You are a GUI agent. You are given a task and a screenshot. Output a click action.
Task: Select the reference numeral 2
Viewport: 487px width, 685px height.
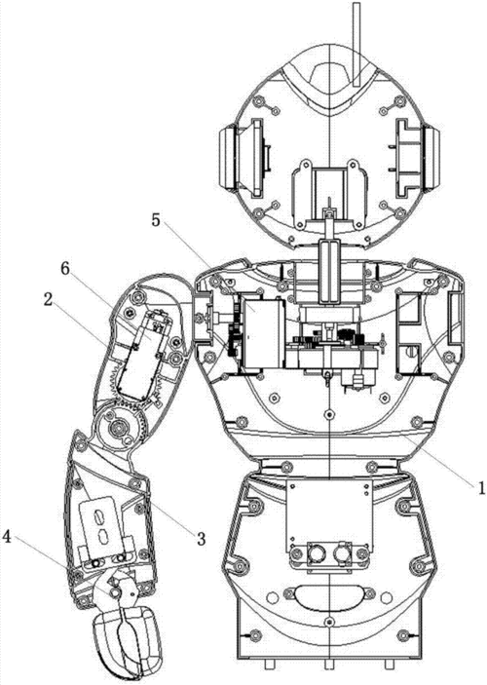[48, 300]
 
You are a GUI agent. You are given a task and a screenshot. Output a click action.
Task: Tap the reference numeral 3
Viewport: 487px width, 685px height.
[201, 539]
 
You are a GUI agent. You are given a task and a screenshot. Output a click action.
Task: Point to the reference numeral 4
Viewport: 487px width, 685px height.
[7, 537]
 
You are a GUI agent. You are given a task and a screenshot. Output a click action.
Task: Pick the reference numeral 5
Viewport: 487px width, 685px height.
[156, 220]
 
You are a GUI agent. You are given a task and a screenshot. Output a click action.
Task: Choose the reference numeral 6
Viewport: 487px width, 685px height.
[64, 269]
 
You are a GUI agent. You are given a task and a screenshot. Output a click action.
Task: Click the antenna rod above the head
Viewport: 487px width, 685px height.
[356, 44]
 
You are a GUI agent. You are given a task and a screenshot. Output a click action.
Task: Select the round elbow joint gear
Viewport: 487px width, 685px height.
[119, 426]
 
